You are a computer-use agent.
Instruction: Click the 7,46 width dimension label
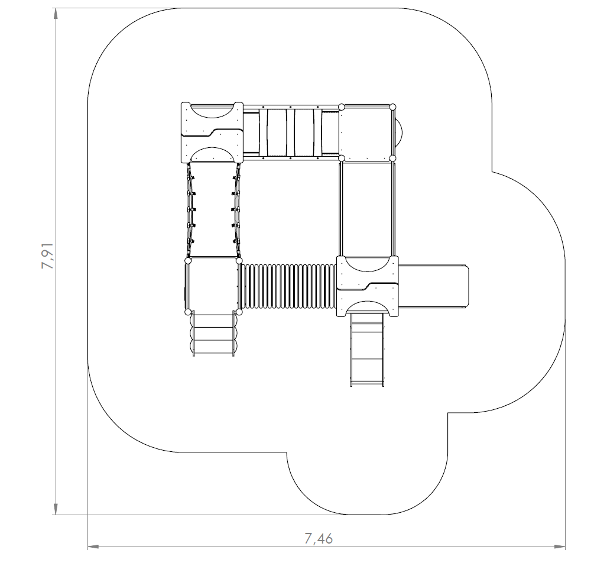coord(319,538)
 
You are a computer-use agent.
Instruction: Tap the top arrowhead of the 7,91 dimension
coord(56,14)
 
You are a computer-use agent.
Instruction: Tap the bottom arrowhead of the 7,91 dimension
coord(56,509)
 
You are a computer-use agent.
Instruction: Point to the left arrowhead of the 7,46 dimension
coord(94,547)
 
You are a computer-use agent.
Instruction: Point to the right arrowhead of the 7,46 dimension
coord(559,547)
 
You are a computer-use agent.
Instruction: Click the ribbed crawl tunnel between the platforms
coord(288,286)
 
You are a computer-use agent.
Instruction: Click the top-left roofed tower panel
coord(212,133)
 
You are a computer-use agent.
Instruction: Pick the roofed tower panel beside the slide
coord(368,286)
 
